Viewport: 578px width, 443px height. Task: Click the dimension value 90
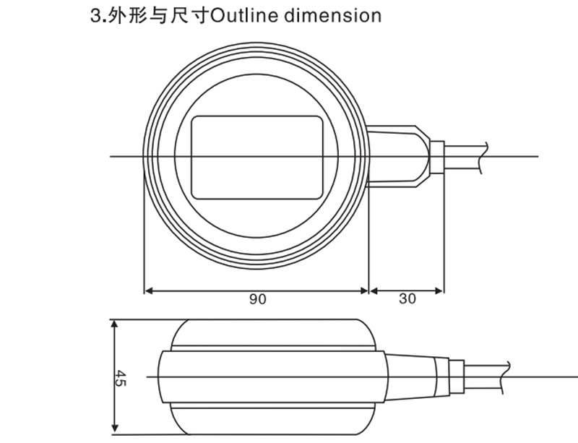[x=257, y=299]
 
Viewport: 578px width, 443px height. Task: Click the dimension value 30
[x=407, y=299]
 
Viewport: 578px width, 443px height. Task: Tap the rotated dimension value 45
[x=121, y=377]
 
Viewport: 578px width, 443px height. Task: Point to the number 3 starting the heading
[x=94, y=15]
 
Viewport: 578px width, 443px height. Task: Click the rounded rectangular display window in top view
[x=257, y=157]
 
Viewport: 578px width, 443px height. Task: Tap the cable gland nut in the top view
[x=436, y=157]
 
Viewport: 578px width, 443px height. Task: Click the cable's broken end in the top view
[x=484, y=157]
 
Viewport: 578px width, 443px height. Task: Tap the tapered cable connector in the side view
[x=412, y=376]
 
